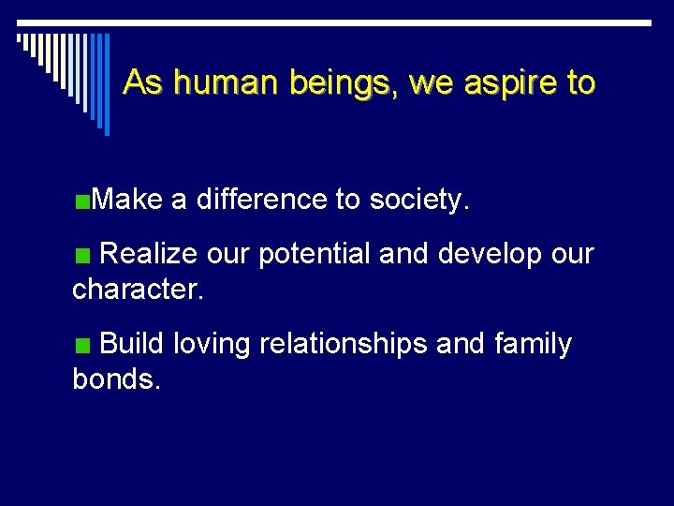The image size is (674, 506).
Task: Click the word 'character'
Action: (137, 289)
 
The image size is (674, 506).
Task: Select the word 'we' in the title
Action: (431, 83)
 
